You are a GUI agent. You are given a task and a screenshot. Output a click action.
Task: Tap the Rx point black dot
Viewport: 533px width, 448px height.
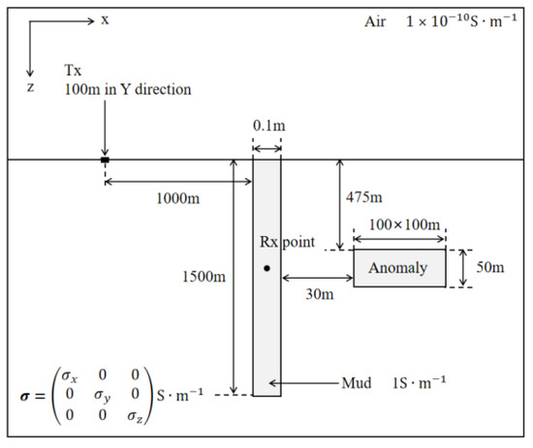point(266,268)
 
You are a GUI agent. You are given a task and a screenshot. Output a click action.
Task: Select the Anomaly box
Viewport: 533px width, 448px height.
point(399,268)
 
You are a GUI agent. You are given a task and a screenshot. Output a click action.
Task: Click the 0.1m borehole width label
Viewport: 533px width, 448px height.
point(266,127)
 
